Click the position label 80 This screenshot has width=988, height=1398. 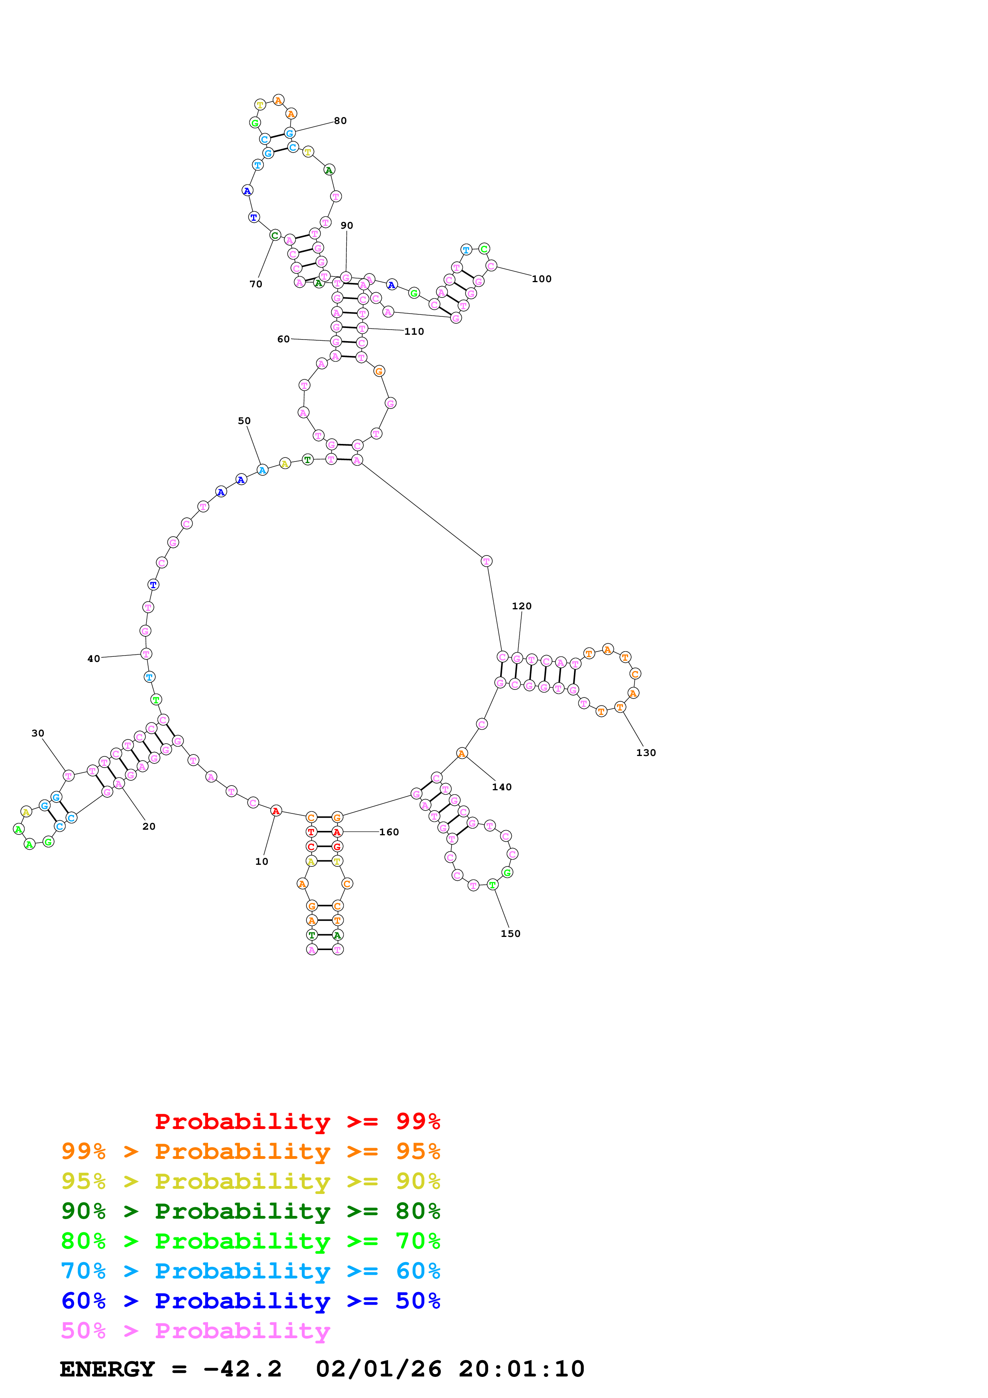click(x=340, y=121)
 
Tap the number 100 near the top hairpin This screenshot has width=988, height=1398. click(x=541, y=279)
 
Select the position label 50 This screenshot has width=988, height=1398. click(x=244, y=421)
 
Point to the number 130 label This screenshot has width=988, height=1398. click(x=646, y=752)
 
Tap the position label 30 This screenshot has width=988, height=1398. click(x=38, y=733)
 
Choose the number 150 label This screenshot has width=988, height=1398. click(x=510, y=933)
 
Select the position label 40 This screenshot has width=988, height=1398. click(x=94, y=658)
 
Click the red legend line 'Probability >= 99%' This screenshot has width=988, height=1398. click(x=297, y=1121)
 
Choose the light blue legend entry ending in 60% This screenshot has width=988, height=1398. click(x=250, y=1271)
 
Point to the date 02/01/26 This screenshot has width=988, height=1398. click(x=379, y=1369)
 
